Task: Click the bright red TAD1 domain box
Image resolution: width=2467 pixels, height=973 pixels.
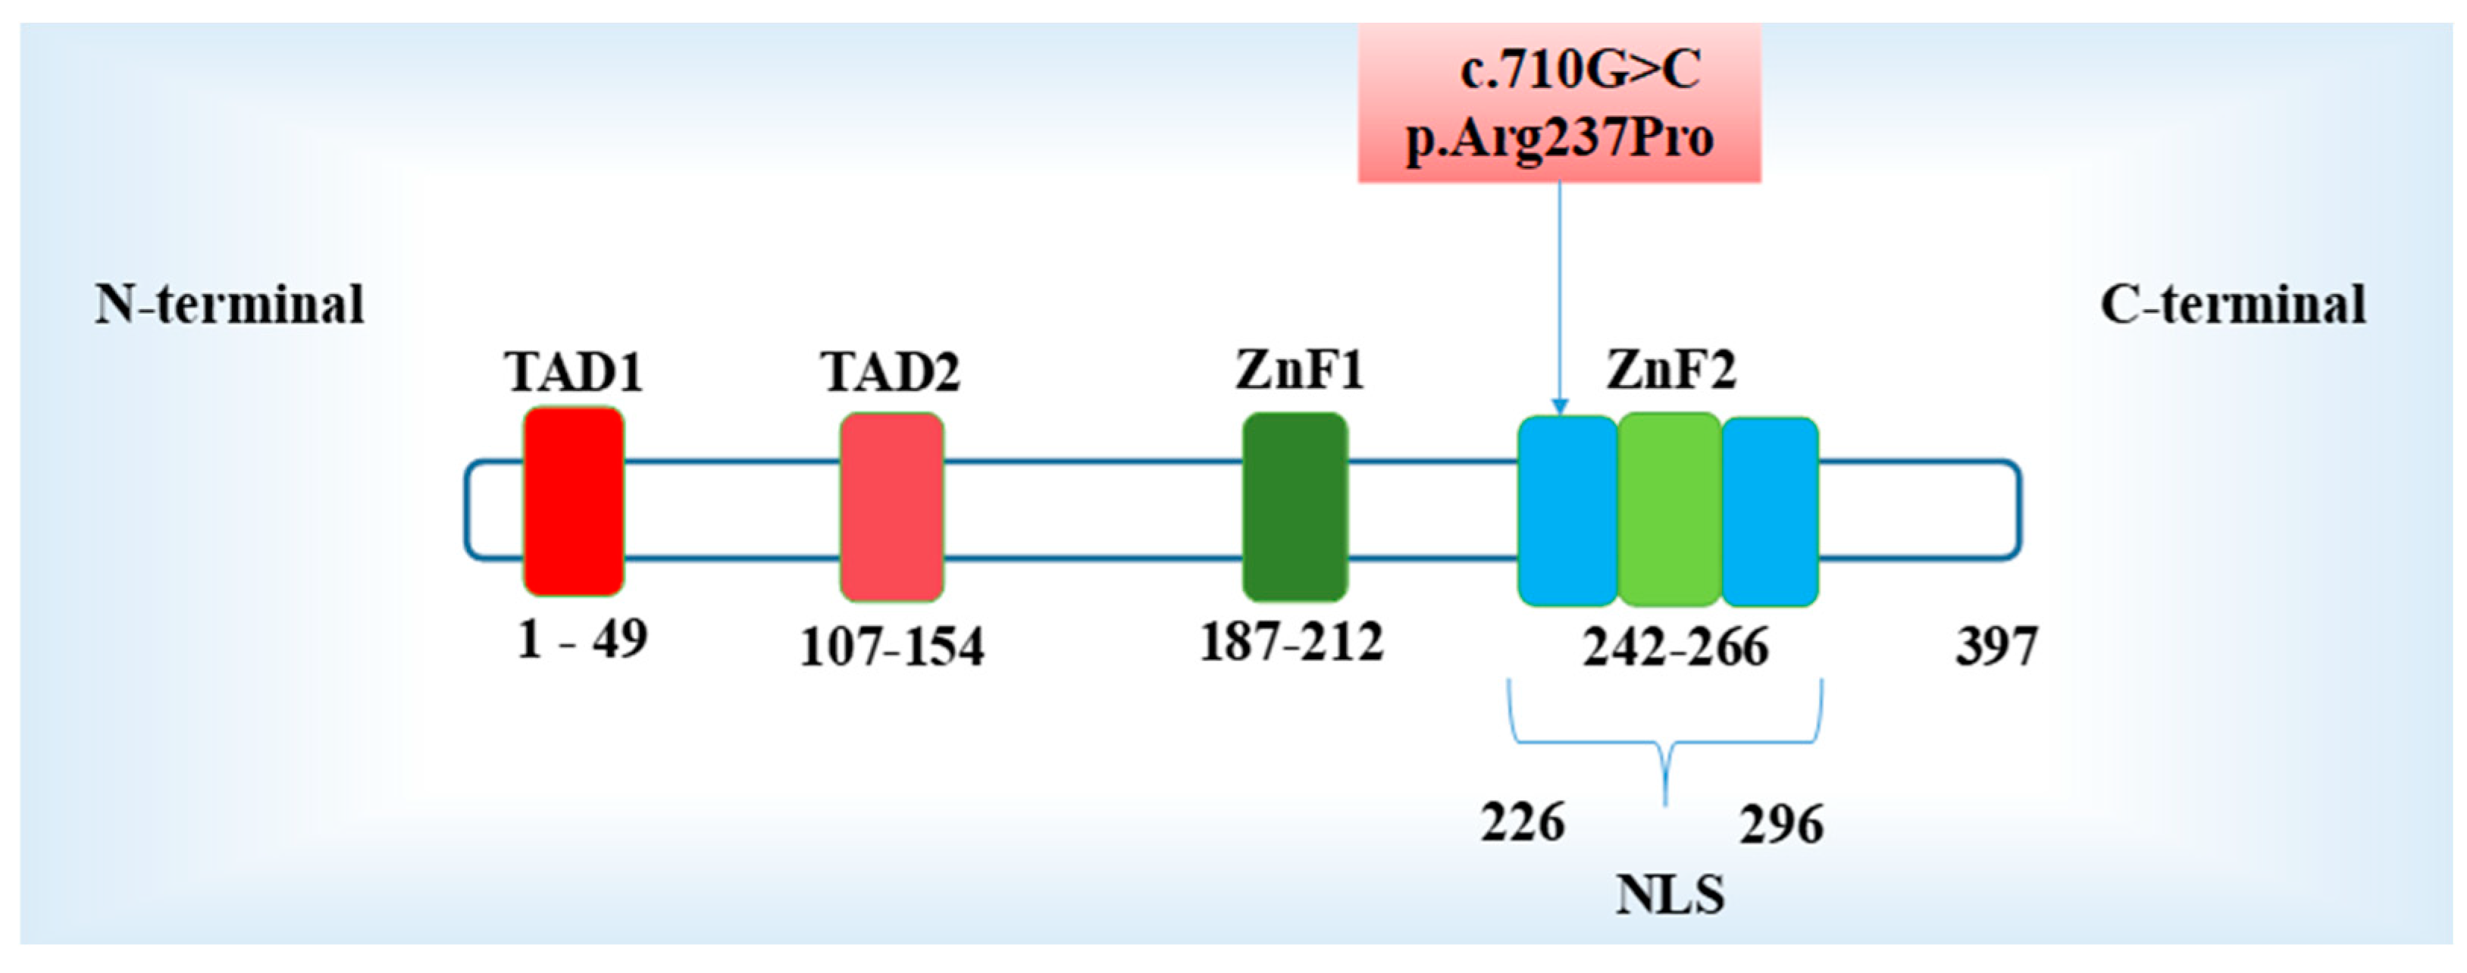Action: (574, 501)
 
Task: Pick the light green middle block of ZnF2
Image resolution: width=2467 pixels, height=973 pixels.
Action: (1668, 509)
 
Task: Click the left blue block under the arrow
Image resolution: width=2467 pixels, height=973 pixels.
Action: (1567, 511)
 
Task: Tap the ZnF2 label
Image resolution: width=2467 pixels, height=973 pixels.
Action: (1670, 370)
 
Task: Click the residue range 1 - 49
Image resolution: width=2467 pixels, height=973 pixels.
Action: (581, 639)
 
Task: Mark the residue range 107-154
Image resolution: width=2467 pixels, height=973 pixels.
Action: (891, 646)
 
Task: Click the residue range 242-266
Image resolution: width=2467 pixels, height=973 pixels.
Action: (1674, 647)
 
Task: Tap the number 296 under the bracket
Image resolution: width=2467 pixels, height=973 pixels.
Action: (1781, 824)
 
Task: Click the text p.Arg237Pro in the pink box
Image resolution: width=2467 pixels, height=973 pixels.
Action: (1559, 139)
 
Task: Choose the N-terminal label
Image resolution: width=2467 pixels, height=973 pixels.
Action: (230, 305)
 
